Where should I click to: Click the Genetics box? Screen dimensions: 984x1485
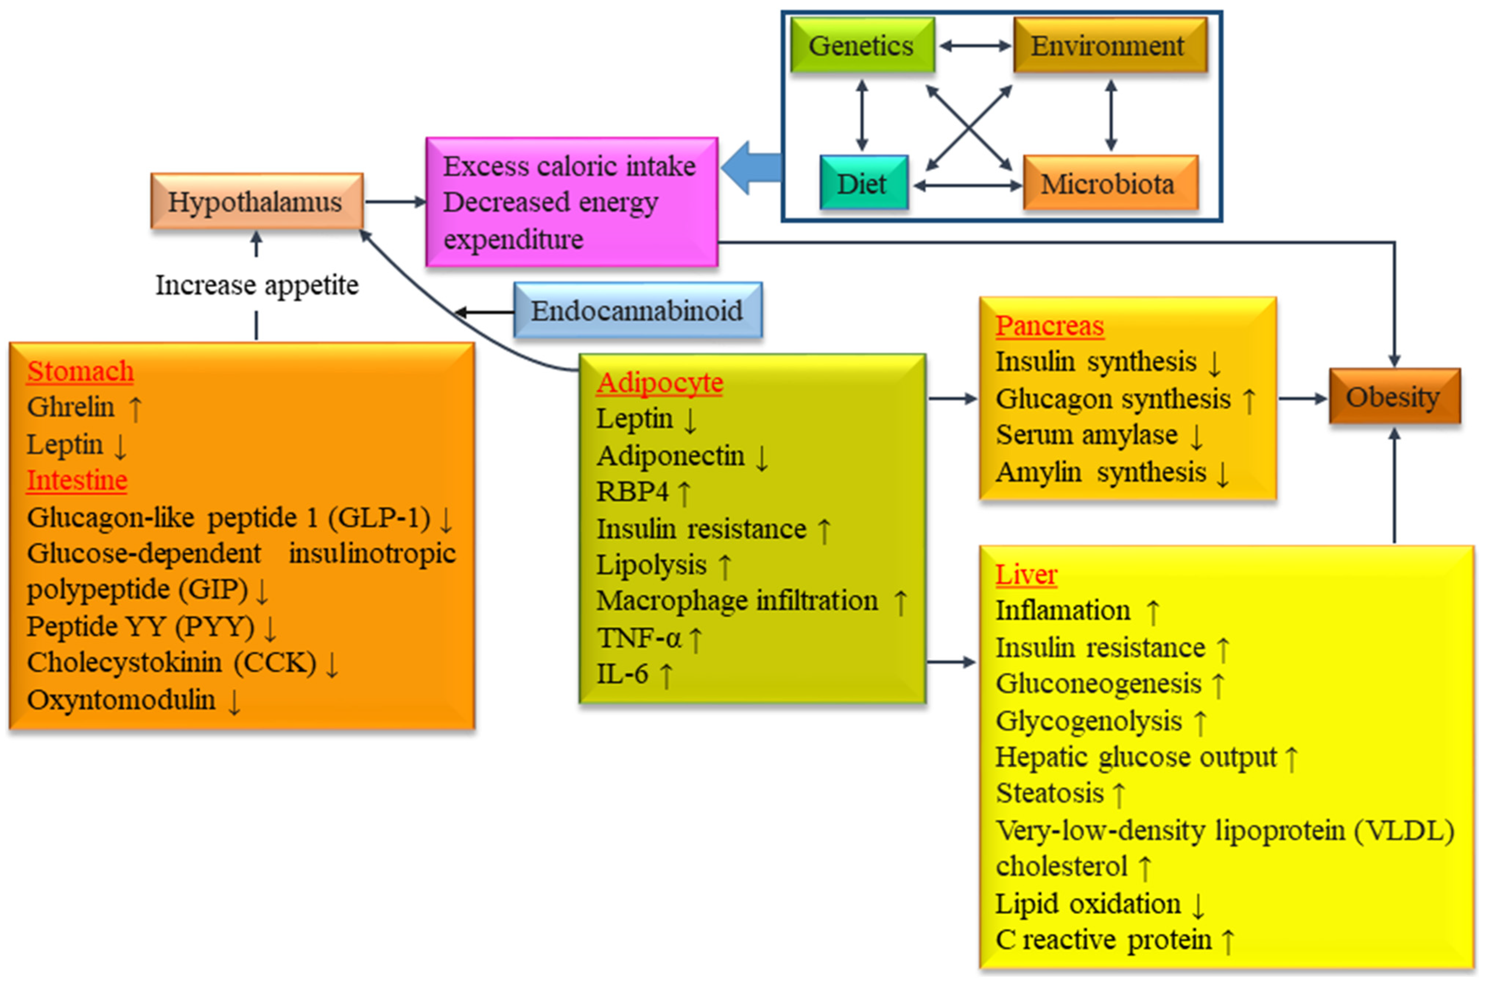(x=862, y=45)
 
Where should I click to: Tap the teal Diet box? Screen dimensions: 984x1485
(x=863, y=183)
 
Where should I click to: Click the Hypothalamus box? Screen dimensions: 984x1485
(x=256, y=201)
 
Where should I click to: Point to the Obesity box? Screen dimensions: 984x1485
(x=1393, y=396)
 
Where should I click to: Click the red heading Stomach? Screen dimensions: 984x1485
(x=80, y=371)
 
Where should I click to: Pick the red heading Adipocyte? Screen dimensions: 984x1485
(x=659, y=382)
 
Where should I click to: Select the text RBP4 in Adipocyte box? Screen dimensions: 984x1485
(x=632, y=492)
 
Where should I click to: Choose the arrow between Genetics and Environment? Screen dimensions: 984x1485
(x=975, y=45)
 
